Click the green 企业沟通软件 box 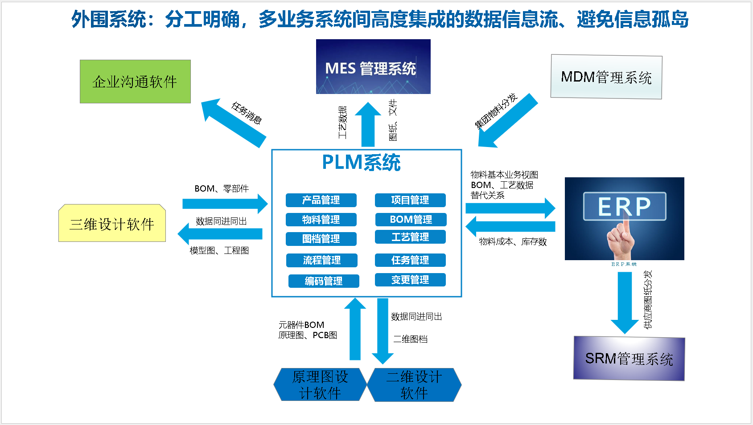click(135, 82)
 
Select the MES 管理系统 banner click(373, 67)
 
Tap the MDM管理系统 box click(606, 77)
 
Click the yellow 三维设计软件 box click(112, 224)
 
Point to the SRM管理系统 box click(629, 358)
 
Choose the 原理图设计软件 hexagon click(320, 384)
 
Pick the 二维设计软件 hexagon click(414, 384)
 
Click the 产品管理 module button click(321, 200)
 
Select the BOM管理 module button click(411, 219)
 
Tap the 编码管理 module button click(324, 281)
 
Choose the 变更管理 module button click(410, 280)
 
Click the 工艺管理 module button click(410, 237)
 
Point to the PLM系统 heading click(361, 162)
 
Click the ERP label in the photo click(624, 206)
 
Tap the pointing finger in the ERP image click(622, 236)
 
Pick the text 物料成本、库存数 click(513, 242)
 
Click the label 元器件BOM click(301, 325)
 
